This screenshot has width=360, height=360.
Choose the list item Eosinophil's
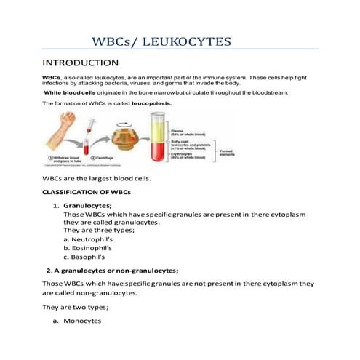tap(89, 247)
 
